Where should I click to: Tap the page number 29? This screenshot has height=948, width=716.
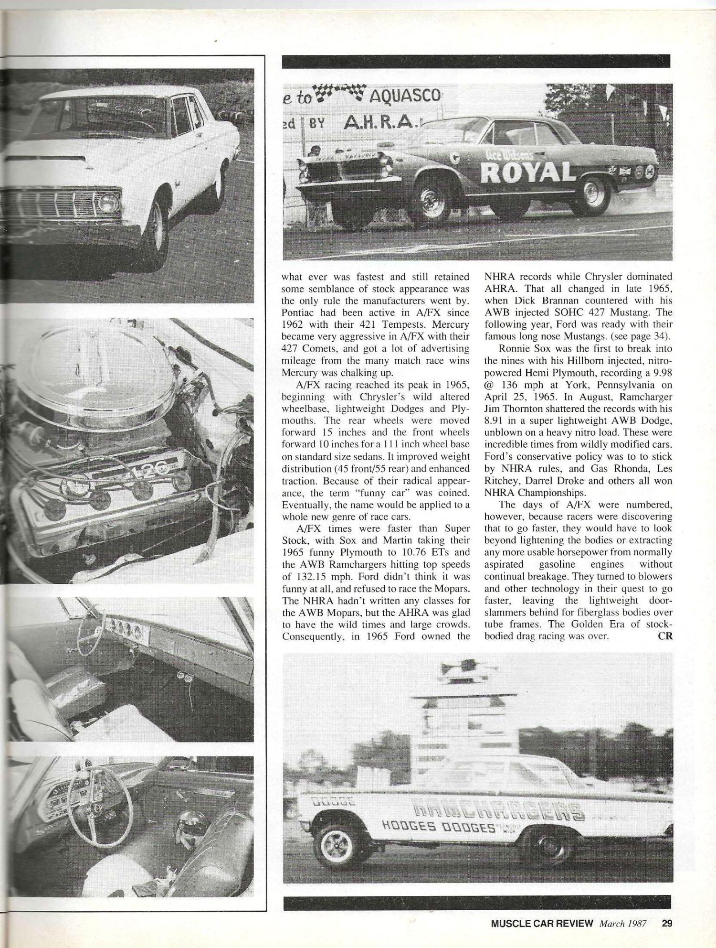point(667,923)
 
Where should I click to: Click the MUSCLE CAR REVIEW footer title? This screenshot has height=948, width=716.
point(542,923)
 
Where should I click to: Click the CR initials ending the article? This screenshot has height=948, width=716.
point(665,636)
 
